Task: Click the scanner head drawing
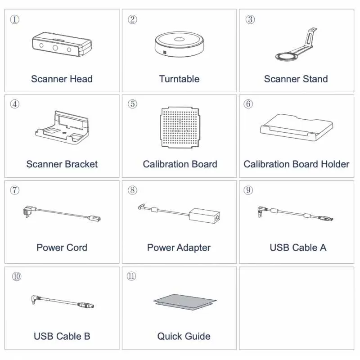click(x=62, y=44)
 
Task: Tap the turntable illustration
click(x=179, y=44)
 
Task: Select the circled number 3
click(x=250, y=19)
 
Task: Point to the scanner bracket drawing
click(x=62, y=128)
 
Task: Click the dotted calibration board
click(x=180, y=127)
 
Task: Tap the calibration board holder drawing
click(x=297, y=127)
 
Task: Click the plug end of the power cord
click(x=28, y=211)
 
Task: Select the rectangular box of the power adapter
click(x=204, y=216)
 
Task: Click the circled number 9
click(x=248, y=190)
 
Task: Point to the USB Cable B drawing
click(x=63, y=301)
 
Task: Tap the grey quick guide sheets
click(x=185, y=302)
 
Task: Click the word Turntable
click(x=179, y=79)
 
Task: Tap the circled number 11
click(x=131, y=276)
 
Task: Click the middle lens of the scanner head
click(x=55, y=48)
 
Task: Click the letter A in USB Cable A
click(x=323, y=248)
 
